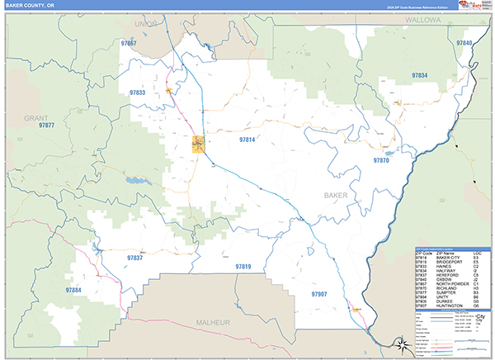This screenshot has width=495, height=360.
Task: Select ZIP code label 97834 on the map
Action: (x=420, y=75)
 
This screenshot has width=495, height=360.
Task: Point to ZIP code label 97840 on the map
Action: (x=464, y=43)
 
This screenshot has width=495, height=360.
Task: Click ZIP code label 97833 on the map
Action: (x=138, y=93)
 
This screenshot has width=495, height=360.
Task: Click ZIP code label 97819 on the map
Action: (x=243, y=266)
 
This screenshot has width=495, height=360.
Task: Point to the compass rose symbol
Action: (x=400, y=342)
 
